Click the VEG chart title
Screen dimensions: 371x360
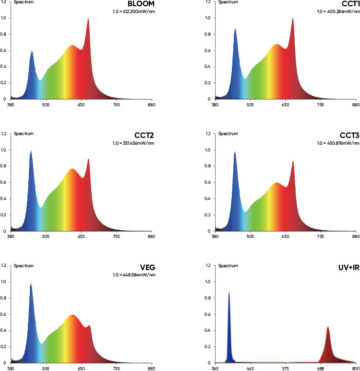147,268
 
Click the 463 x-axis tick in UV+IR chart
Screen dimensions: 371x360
250,368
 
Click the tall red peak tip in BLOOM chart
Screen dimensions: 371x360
88,19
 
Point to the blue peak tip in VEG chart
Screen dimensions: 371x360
31,283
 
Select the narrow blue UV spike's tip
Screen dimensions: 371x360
229,292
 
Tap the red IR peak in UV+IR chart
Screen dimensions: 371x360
328,328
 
